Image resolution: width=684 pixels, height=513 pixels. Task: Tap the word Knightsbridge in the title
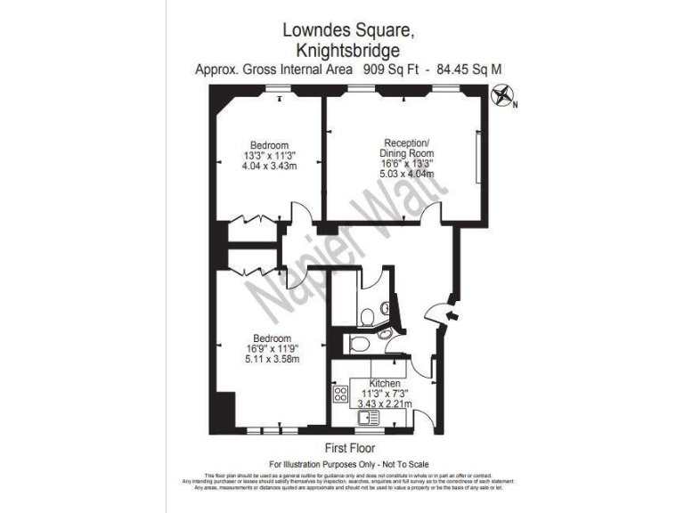click(341, 50)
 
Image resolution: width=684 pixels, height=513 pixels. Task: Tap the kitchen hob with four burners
click(340, 393)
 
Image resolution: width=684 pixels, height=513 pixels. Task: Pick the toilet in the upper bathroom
click(370, 313)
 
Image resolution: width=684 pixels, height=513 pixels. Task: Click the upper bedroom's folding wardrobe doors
click(252, 220)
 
